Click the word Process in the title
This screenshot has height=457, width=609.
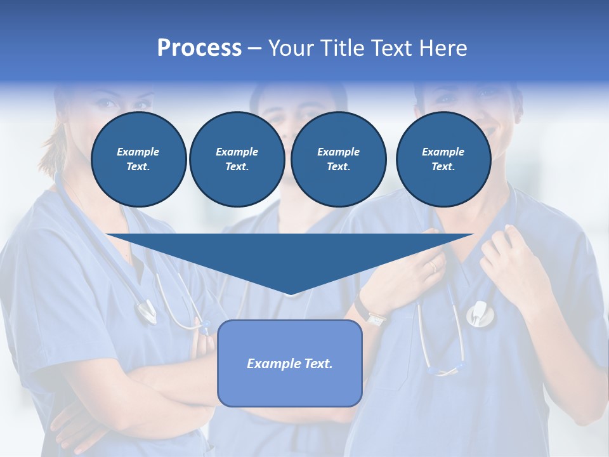pos(199,48)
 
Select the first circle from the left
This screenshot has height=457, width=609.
pos(138,159)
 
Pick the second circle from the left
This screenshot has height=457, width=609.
pos(237,159)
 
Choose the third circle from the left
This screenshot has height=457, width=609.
pos(338,159)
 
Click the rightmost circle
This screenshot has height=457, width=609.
pos(443,159)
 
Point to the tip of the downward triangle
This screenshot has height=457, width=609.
pos(290,294)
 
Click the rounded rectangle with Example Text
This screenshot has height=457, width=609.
pos(290,363)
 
